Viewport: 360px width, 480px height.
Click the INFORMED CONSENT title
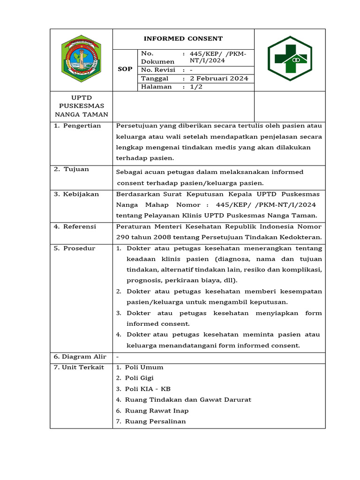183,39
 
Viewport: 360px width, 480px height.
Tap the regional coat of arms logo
81,59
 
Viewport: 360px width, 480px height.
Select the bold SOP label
125,69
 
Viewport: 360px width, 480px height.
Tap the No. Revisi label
158,70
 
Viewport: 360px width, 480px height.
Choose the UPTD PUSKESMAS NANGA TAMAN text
81,106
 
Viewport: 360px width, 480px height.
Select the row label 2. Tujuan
71,169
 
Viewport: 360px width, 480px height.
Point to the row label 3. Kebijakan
76,194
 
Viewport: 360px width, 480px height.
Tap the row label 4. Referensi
75,226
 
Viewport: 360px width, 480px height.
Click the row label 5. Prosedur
75,248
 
